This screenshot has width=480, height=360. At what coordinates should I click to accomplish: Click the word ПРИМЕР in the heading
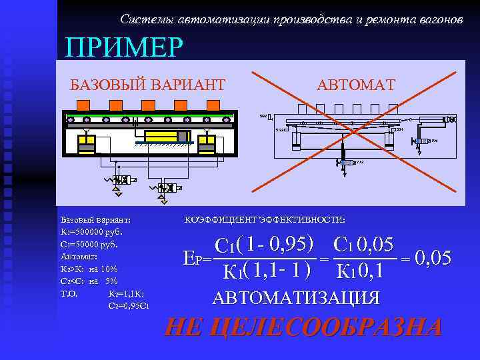(123, 47)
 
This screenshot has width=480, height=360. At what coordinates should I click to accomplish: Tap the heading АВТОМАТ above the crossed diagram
(356, 85)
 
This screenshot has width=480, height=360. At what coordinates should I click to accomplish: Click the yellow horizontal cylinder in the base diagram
(161, 136)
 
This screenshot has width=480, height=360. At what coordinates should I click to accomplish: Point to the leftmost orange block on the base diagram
(83, 104)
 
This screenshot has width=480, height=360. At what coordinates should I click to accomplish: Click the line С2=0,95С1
(128, 306)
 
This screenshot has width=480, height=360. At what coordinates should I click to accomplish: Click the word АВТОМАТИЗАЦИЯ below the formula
(296, 297)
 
